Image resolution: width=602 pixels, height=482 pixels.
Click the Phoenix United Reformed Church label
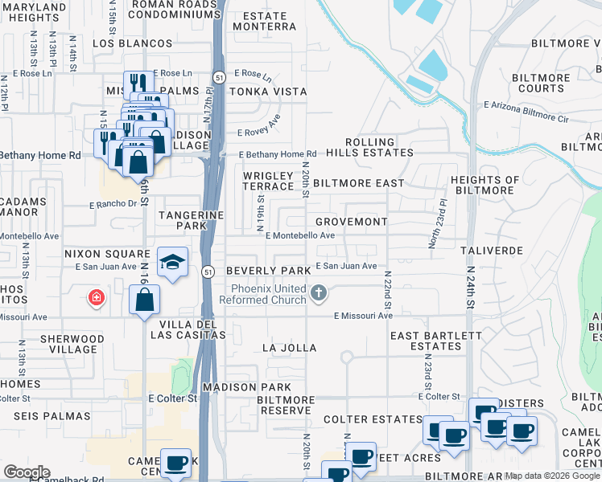[269, 294]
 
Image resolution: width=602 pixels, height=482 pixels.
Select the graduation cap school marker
[172, 263]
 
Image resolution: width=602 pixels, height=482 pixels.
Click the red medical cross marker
[97, 299]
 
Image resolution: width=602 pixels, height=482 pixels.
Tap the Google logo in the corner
[26, 472]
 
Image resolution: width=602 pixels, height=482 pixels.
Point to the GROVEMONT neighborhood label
[351, 221]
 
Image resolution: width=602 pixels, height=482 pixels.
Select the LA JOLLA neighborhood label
[290, 348]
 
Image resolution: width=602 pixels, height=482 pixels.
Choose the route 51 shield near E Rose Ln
[219, 76]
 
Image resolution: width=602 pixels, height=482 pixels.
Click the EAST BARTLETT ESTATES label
[436, 341]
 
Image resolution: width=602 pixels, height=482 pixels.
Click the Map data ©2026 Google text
[553, 476]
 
